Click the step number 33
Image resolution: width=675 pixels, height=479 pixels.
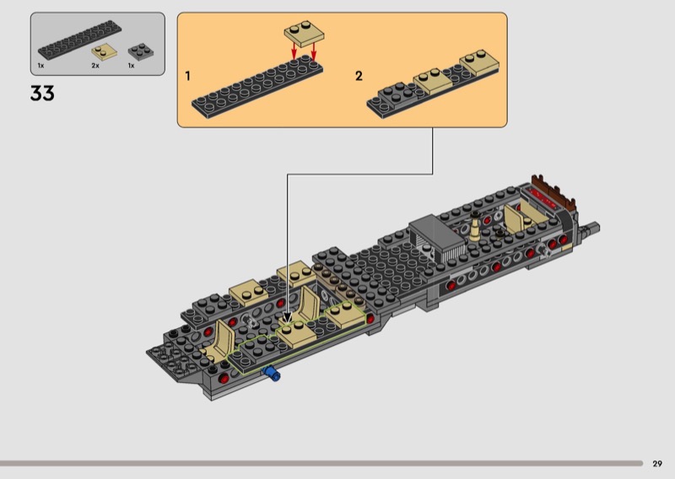(42, 94)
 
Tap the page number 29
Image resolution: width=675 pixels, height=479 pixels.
(657, 463)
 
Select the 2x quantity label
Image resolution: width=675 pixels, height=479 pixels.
(95, 65)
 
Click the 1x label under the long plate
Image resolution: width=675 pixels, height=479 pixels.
(40, 65)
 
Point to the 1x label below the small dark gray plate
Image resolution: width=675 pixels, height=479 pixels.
(131, 65)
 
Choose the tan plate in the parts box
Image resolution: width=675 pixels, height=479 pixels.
(105, 51)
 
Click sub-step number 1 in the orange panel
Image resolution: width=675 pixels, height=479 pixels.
(188, 76)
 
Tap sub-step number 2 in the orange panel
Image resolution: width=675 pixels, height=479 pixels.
(359, 76)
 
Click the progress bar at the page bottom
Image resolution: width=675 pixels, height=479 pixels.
(321, 463)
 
